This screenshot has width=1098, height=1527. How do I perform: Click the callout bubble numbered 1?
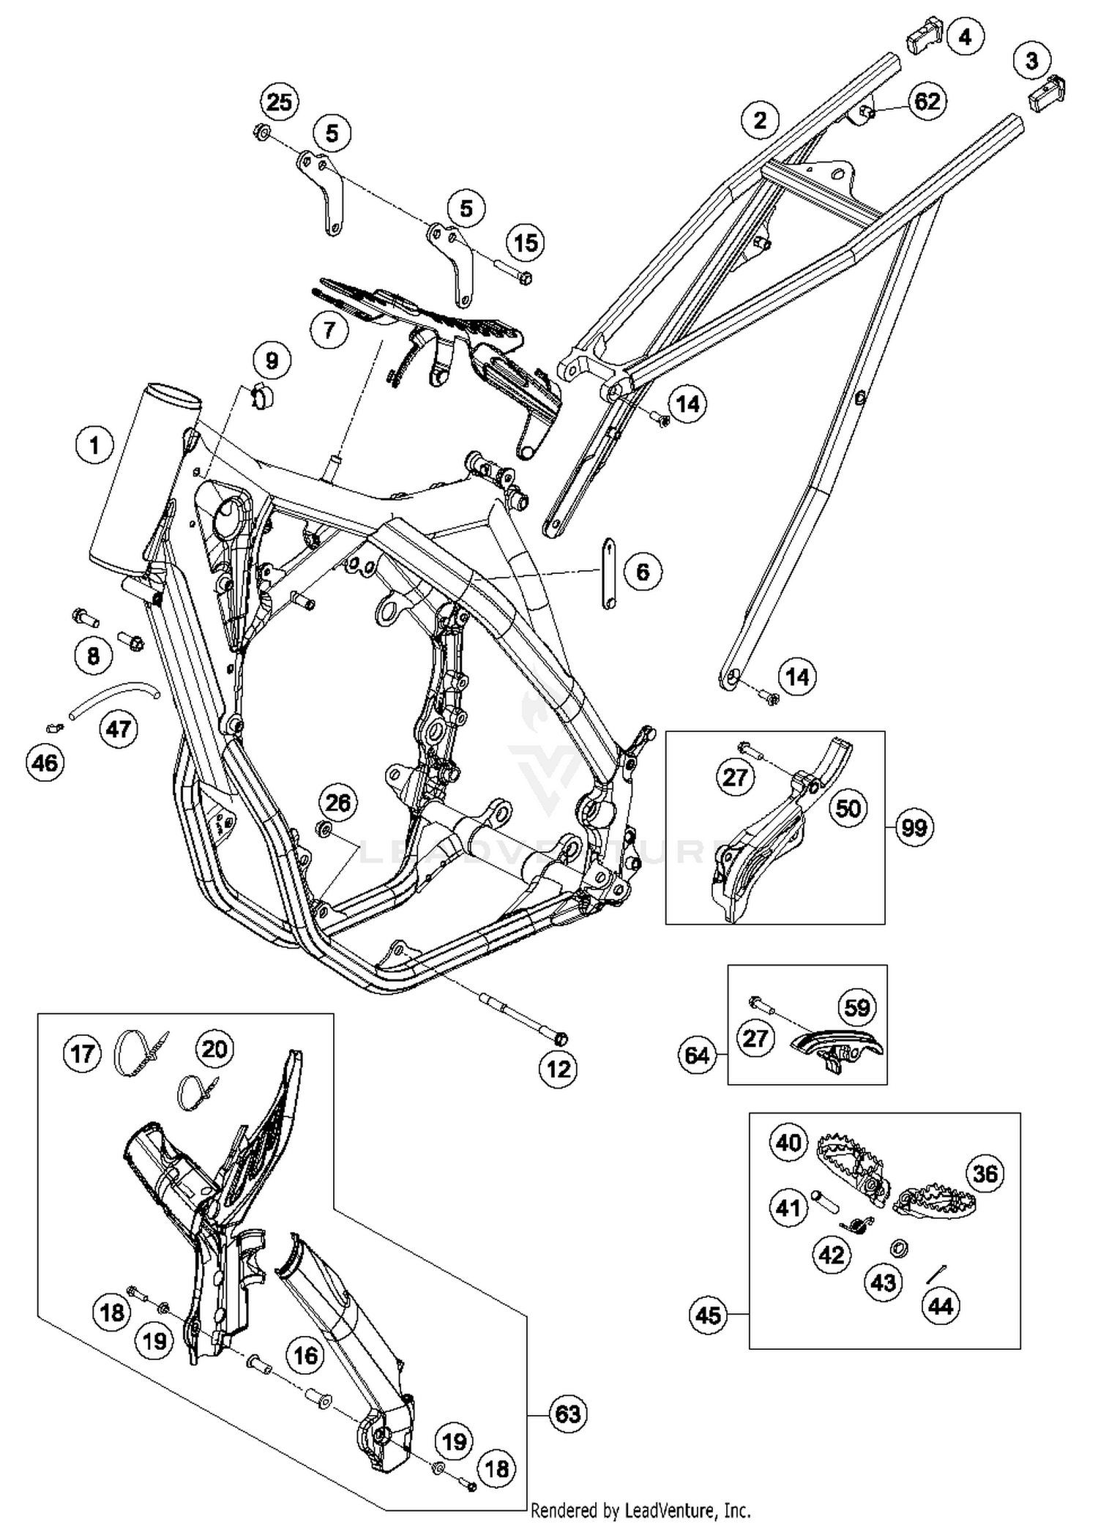coord(94,444)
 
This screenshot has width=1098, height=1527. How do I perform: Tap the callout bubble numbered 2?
coord(761,119)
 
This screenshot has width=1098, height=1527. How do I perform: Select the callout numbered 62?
coord(927,100)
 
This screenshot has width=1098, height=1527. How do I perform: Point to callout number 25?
coord(279,102)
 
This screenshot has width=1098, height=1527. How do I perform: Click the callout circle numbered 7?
coord(329,330)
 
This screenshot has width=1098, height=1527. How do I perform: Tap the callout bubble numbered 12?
coord(559,1069)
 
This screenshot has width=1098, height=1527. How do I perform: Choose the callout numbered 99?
coord(914,828)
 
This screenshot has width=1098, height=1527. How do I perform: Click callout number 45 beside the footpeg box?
coord(709,1315)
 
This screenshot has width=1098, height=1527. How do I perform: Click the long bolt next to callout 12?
coord(521,1016)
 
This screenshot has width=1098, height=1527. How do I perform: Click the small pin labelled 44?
coord(937,1274)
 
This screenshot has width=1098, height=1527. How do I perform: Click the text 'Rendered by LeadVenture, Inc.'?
coord(640,1509)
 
